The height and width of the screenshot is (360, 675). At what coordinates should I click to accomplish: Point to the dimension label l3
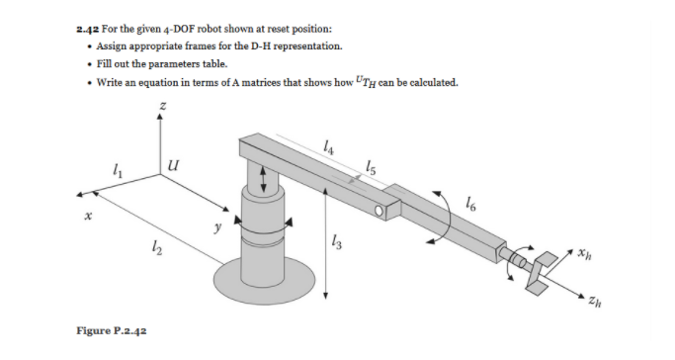pos(338,242)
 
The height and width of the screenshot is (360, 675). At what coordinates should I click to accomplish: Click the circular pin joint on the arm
pos(380,210)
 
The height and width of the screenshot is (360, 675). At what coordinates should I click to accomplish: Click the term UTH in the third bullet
pos(348,82)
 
